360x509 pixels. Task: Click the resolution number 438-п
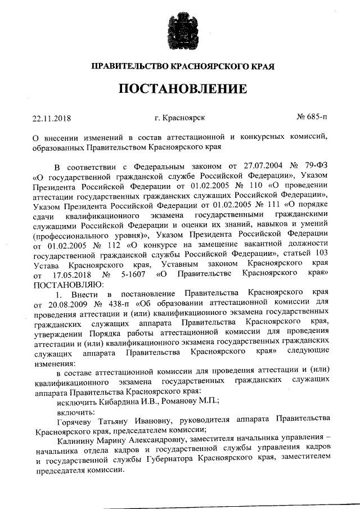[x=114, y=303]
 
